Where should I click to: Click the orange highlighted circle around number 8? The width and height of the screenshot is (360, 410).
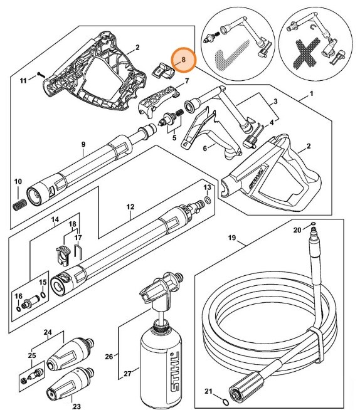[184, 60]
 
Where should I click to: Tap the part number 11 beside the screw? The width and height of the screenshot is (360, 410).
[23, 81]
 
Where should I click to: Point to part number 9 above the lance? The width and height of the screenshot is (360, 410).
[82, 144]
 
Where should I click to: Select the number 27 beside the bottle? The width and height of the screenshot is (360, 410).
[127, 374]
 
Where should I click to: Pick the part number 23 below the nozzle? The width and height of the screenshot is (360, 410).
[77, 406]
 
